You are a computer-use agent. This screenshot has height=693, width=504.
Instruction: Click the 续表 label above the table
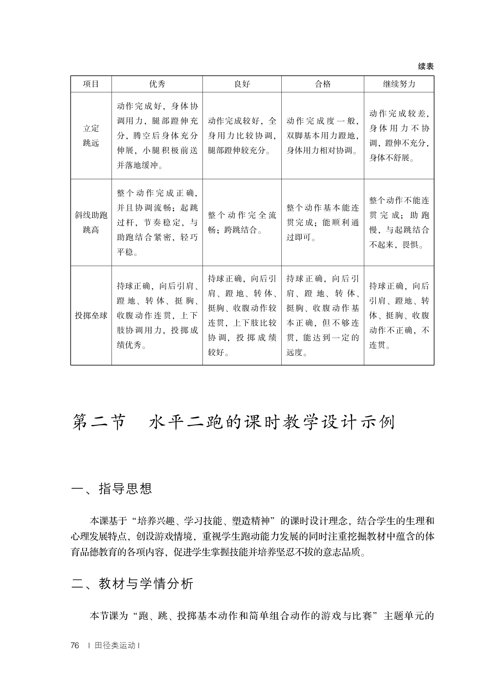426,66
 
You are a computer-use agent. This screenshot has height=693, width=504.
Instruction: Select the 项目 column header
91,84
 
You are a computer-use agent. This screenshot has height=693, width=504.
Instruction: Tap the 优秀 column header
157,84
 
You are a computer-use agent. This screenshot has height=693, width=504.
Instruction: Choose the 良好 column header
242,84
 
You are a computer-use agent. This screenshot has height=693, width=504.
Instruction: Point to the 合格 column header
323,84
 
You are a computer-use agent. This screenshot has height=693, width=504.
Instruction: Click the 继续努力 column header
399,84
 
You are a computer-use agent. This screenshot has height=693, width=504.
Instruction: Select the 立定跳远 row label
91,136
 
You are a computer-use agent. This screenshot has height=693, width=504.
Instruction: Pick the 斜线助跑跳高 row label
91,222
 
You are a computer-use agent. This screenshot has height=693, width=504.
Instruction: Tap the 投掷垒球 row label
91,316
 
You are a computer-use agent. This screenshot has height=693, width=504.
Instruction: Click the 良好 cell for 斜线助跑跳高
242,222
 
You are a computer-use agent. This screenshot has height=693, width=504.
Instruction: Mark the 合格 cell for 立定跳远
323,136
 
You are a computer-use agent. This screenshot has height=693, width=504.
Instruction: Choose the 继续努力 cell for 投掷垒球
399,316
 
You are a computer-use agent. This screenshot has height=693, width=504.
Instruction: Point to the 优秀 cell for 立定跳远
157,136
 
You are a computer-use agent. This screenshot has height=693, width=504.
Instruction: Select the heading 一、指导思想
112,489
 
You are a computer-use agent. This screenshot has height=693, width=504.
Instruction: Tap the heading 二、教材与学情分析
132,583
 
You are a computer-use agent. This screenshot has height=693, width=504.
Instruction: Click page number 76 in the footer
75,646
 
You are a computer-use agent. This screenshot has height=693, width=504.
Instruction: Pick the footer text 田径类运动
115,646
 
